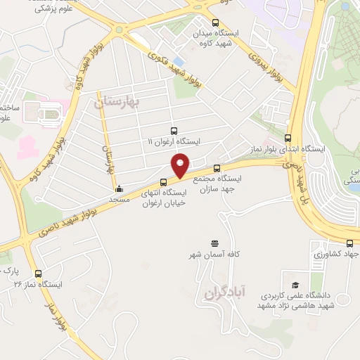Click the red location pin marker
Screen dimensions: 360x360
point(181,165)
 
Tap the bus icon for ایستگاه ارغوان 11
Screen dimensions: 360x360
point(174,131)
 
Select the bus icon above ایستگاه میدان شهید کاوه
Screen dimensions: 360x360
point(215,22)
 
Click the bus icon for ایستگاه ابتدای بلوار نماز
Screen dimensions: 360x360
point(288,138)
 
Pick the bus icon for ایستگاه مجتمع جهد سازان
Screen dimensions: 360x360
point(217,168)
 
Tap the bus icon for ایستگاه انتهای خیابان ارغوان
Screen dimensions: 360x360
point(165,183)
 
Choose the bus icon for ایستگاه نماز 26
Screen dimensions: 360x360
point(38,274)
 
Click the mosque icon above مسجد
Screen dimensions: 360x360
point(118,188)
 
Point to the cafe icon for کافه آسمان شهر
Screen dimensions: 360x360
point(214,242)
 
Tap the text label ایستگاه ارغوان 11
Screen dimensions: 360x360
point(174,141)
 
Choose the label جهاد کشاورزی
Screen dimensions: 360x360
point(338,253)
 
